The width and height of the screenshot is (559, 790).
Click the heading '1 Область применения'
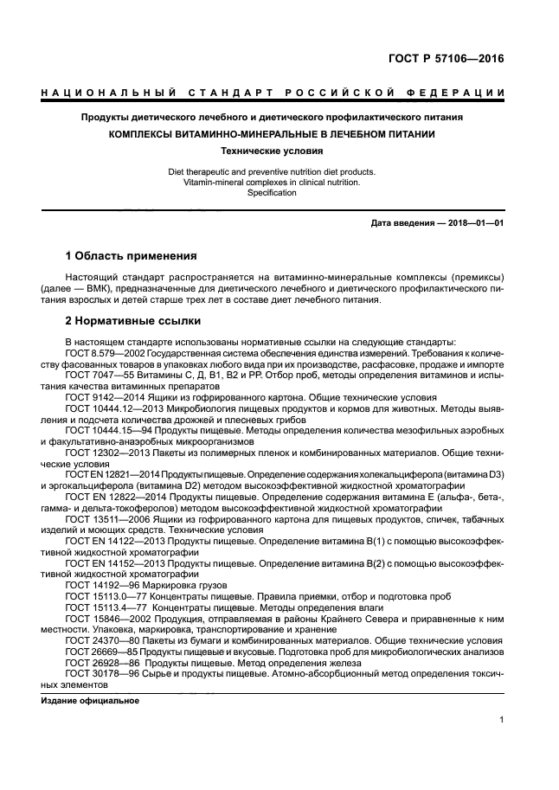[132, 256]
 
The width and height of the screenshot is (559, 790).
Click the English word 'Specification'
[272, 193]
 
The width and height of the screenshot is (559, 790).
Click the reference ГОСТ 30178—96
[90, 675]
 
